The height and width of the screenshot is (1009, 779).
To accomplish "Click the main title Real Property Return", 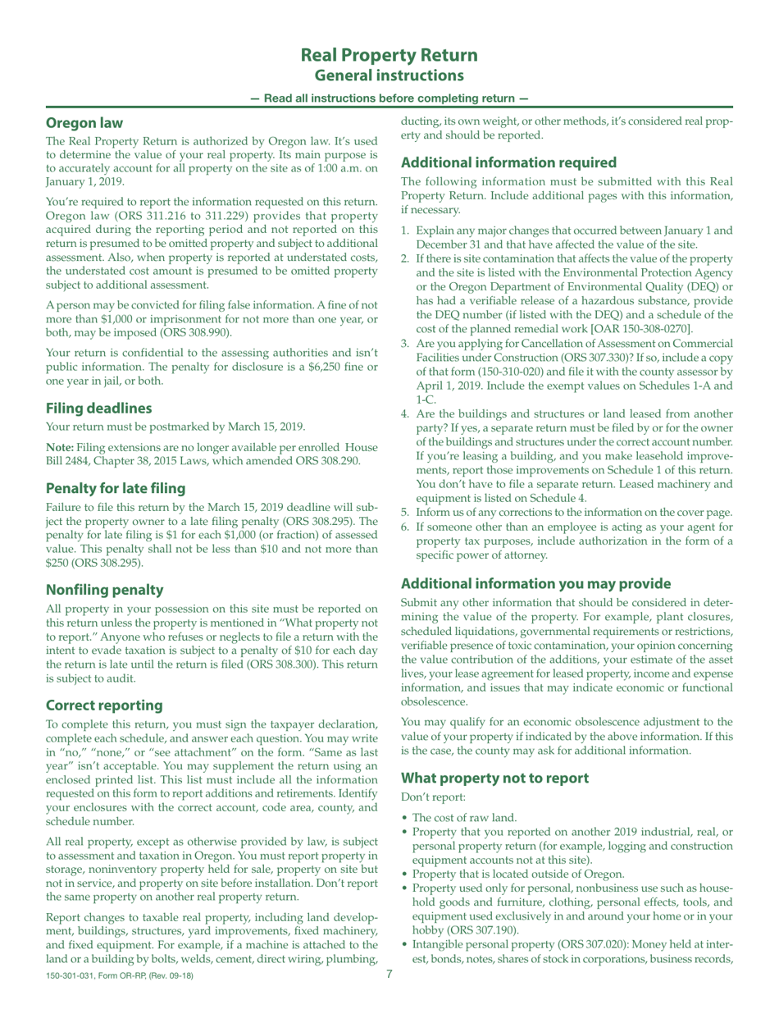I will [389, 56].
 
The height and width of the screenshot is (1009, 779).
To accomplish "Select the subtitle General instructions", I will [389, 75].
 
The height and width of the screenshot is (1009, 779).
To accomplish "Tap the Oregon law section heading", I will [84, 123].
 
